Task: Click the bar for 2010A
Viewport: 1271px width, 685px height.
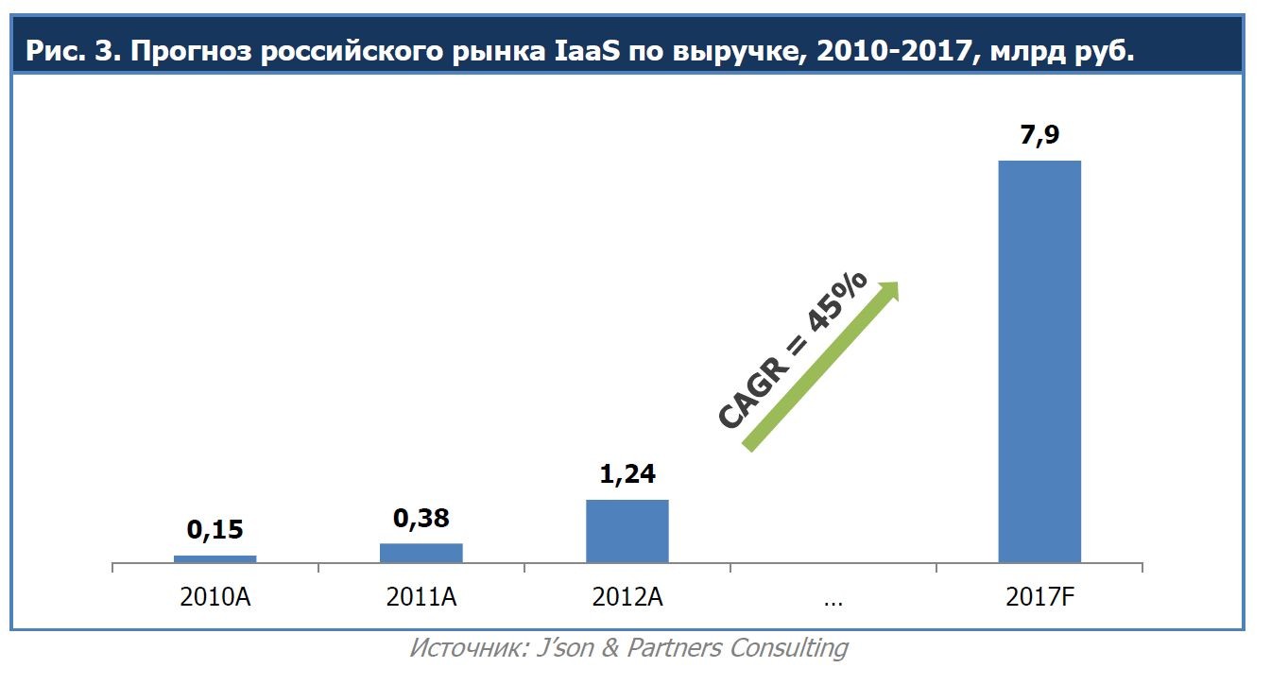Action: (215, 558)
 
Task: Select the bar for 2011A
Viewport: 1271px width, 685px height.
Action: (421, 553)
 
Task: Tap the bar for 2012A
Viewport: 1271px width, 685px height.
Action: (627, 531)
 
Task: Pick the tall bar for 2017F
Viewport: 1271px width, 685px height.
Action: (1039, 361)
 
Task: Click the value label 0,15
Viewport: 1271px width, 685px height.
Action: (215, 530)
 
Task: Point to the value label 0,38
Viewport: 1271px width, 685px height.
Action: (421, 518)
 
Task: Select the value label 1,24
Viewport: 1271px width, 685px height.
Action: (627, 473)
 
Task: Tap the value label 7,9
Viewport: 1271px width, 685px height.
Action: (1039, 133)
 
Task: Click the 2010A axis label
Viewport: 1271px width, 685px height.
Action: (215, 597)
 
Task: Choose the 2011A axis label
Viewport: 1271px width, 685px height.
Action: (421, 597)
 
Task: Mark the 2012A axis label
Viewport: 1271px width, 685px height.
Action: (627, 597)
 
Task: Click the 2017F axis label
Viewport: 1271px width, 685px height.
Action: (1039, 597)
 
